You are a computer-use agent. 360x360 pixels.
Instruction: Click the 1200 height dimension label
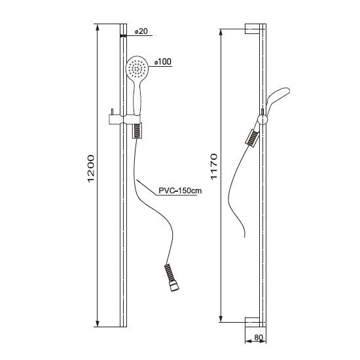[91, 169]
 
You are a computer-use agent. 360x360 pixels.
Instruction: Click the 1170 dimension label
[214, 167]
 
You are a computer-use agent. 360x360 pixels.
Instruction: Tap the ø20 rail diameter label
[141, 31]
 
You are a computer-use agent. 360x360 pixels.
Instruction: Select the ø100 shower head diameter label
[163, 62]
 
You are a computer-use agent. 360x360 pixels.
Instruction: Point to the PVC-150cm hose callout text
[180, 190]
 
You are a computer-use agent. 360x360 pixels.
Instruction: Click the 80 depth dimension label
[259, 338]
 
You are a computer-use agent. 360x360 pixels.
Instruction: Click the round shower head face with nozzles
[137, 67]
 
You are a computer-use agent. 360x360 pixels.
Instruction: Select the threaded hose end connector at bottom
[171, 278]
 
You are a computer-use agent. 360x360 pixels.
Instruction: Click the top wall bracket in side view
[252, 29]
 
